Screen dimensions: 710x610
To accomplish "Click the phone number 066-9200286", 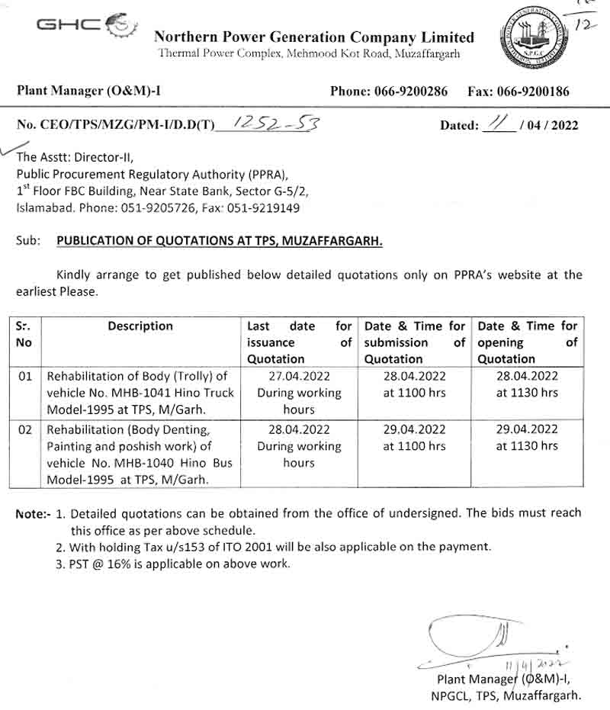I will tap(411, 92).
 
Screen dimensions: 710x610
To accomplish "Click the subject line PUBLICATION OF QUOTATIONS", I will tap(220, 241).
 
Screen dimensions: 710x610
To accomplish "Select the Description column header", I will tap(140, 326).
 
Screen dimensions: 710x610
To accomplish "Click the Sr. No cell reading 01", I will tap(24, 376).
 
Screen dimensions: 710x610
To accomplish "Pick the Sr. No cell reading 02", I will tap(24, 429).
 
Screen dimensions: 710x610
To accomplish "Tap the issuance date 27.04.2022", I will tap(298, 376).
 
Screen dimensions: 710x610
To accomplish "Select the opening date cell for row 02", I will tap(527, 438).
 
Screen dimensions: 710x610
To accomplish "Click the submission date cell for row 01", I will tap(414, 384).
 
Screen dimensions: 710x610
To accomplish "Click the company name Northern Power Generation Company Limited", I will tap(313, 37).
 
